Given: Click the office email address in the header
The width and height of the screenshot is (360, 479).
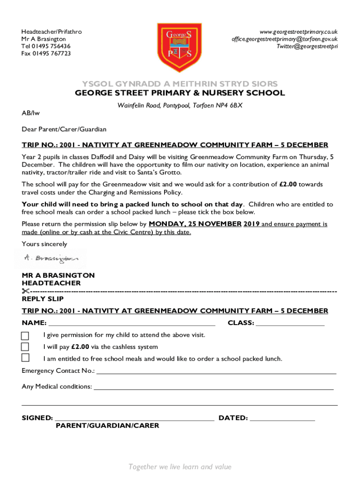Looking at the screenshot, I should (284, 39).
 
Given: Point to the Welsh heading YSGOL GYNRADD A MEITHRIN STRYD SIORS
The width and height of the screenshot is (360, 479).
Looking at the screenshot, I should (180, 84).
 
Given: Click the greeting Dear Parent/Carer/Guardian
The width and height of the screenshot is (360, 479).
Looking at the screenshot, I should (64, 129).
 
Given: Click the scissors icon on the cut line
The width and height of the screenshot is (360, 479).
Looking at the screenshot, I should (25, 291).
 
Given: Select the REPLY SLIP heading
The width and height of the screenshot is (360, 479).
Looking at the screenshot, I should (43, 299).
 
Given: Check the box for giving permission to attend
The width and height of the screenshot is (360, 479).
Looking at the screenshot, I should (25, 335).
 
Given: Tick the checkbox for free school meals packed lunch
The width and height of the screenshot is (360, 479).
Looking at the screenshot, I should (25, 358).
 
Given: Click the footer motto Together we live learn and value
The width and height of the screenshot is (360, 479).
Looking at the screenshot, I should (180, 467).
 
